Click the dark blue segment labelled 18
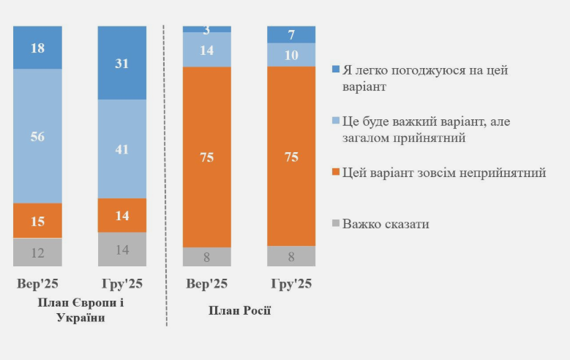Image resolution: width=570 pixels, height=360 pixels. click(37, 47)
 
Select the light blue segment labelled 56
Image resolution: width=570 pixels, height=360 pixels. click(37, 135)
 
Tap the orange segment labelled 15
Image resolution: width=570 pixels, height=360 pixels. click(37, 220)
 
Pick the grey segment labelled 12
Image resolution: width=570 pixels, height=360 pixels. click(37, 252)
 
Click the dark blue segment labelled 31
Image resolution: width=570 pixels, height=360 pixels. click(122, 63)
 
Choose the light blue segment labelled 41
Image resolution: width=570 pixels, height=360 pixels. click(122, 149)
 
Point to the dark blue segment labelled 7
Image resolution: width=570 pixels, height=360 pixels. click(291, 34)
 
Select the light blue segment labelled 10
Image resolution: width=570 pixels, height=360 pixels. click(291, 55)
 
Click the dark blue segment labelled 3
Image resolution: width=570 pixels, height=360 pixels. click(207, 29)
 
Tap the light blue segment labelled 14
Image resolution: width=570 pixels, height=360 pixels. click(207, 50)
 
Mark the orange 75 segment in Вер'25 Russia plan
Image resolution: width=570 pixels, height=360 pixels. click(207, 157)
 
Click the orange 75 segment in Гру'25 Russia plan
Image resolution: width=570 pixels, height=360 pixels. click(291, 156)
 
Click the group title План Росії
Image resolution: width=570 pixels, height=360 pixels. click(239, 310)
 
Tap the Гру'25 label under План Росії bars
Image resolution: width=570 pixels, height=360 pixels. click(291, 284)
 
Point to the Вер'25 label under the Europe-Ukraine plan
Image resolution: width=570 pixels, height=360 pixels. click(37, 284)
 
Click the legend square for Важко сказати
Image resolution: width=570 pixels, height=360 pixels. click(336, 223)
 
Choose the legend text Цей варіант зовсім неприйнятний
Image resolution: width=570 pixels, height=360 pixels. click(444, 173)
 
